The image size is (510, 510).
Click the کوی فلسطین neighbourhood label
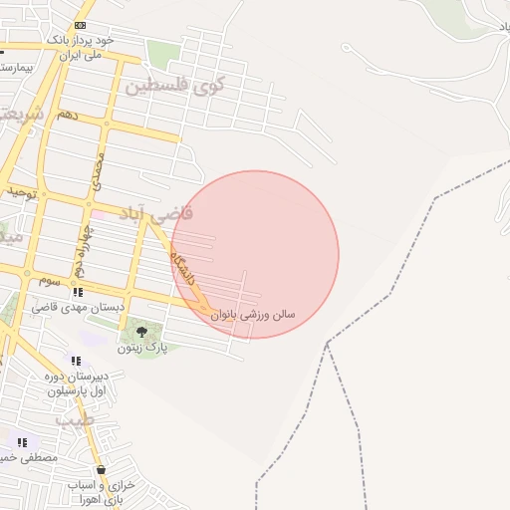click(x=174, y=85)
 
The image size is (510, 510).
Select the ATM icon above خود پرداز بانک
click(x=80, y=25)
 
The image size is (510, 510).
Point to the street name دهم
click(x=67, y=116)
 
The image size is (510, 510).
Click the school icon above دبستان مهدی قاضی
click(x=78, y=292)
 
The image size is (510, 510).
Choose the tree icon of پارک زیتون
click(x=140, y=331)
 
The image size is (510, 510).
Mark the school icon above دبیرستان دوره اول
click(x=76, y=361)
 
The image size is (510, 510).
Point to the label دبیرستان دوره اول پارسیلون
click(x=83, y=384)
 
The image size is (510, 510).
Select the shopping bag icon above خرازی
click(x=101, y=469)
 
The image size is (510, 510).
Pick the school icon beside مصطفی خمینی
click(x=22, y=441)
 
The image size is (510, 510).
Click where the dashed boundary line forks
click(x=327, y=344)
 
